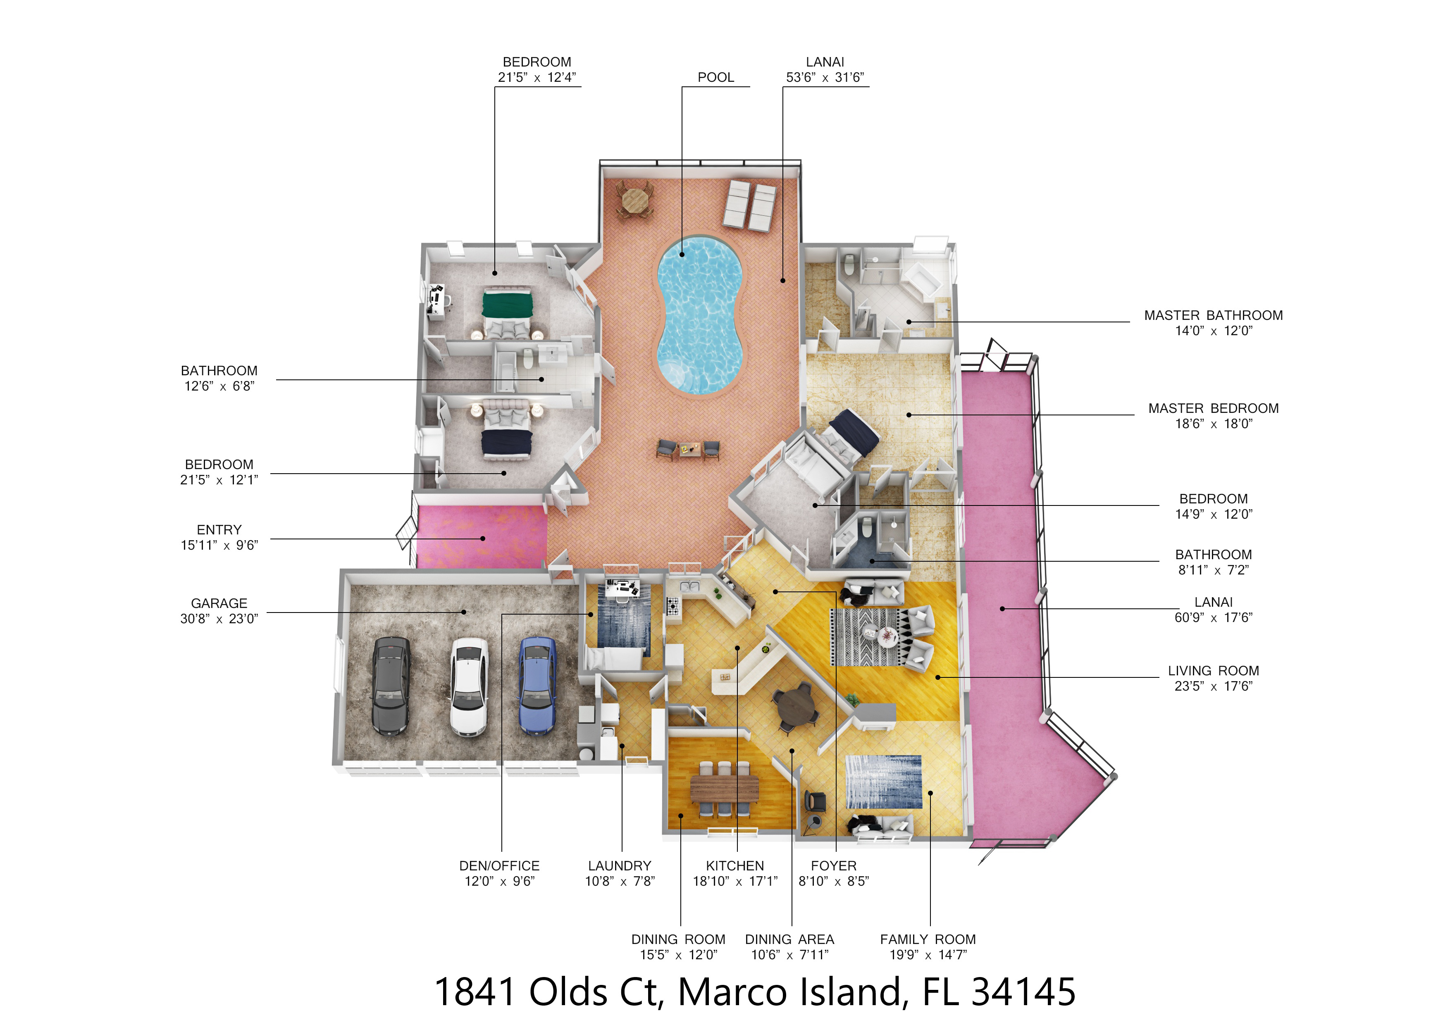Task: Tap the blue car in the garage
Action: coord(537,686)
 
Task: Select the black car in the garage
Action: coord(391,687)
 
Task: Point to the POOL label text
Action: coord(715,78)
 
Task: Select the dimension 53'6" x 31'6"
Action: coord(825,78)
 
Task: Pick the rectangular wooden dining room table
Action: coord(724,789)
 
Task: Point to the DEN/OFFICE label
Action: coord(500,866)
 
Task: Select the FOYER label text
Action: coord(834,866)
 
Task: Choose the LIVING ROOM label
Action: coord(1213,671)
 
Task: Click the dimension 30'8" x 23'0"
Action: coord(219,619)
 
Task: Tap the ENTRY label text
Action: coord(219,530)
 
